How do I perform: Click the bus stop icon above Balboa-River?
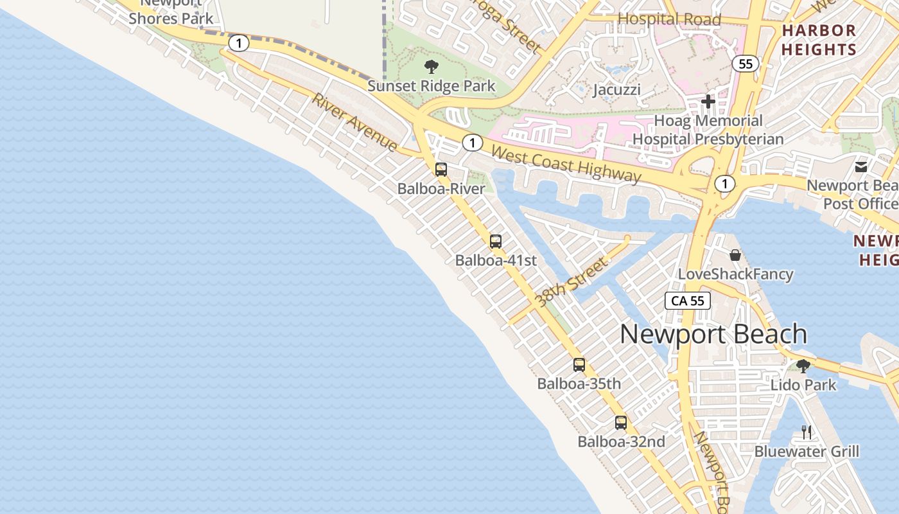pos(441,170)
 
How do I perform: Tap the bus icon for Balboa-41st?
pos(496,242)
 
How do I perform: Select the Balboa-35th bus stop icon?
pos(579,365)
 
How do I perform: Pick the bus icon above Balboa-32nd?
pos(621,423)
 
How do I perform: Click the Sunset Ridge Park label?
pos(432,86)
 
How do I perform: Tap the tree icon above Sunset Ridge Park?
pos(432,66)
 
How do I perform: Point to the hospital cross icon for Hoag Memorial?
pos(708,102)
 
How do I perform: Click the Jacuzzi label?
pos(616,89)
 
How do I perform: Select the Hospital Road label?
pos(669,19)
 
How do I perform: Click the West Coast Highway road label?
pos(566,163)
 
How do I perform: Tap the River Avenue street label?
pos(354,123)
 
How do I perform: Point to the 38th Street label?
pos(571,282)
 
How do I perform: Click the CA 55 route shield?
pos(688,301)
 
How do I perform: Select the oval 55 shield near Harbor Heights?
pos(745,64)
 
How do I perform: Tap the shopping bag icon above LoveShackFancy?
pos(735,255)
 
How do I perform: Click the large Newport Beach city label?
pos(713,334)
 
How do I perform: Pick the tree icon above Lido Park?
pos(803,366)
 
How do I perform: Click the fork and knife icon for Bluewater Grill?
pos(807,432)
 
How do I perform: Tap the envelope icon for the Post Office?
pos(861,167)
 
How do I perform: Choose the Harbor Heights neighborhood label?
pos(819,40)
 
